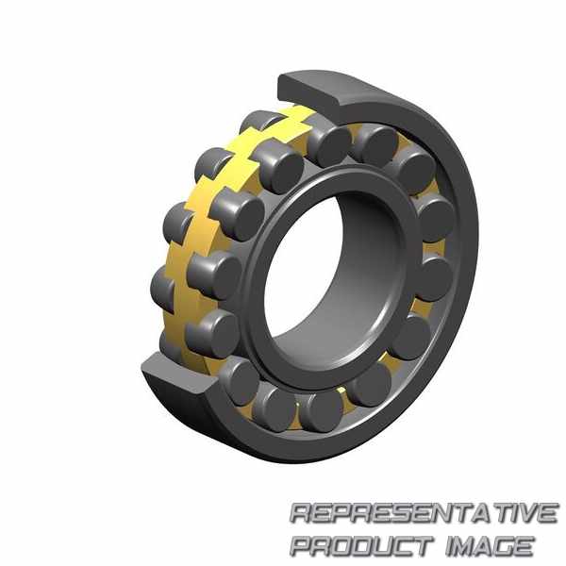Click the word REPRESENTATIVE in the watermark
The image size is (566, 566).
[x=424, y=513]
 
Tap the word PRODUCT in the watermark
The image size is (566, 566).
[x=361, y=546]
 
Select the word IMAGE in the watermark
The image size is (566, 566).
[x=490, y=546]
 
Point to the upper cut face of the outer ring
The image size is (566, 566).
[x=311, y=88]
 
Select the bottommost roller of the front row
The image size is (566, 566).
[x=321, y=411]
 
